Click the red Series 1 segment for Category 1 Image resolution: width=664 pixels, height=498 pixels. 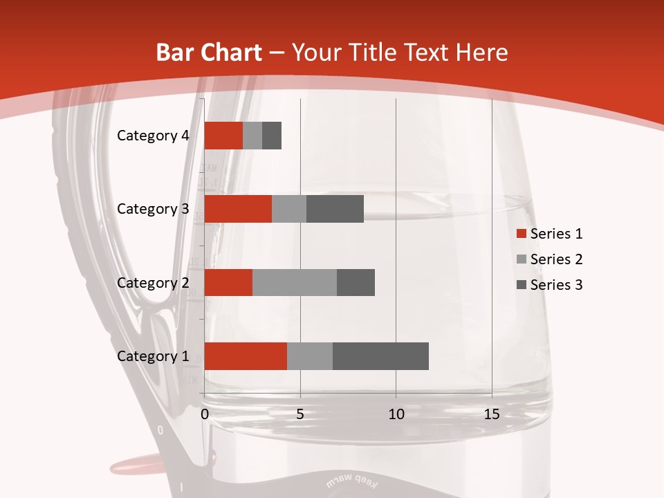pos(246,356)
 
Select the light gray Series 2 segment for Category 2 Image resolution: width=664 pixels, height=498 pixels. pos(295,282)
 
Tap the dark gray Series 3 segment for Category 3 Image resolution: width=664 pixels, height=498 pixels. pos(335,209)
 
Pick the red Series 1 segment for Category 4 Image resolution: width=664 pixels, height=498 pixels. pos(223,136)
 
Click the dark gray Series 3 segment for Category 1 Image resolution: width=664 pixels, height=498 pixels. pos(380,356)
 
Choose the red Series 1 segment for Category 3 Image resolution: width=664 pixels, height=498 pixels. pos(238,209)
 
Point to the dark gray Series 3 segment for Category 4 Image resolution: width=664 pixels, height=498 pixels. pos(272,136)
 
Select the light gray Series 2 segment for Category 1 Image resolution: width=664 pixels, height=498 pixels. pos(310,356)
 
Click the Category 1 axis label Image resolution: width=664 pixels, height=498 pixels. pos(153,356)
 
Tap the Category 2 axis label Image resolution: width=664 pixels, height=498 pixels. pos(153,282)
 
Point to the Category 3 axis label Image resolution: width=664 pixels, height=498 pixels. pos(153,209)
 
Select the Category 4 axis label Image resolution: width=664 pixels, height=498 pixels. pos(153,136)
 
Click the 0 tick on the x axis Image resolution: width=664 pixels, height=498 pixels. pos(205,414)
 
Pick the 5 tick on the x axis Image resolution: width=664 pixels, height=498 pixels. pos(300,414)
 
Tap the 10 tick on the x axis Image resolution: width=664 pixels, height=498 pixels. pos(396,414)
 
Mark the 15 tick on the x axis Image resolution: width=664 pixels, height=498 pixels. pos(492,414)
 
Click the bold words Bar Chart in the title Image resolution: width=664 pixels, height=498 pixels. pos(208,53)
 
